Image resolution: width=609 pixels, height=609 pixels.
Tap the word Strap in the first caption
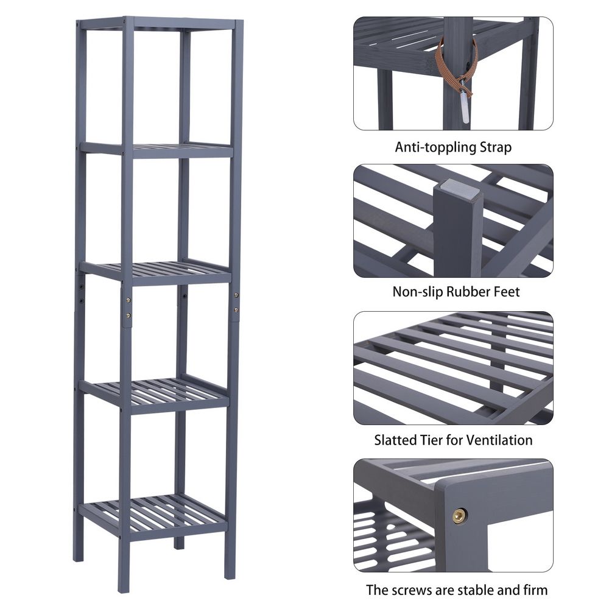496,147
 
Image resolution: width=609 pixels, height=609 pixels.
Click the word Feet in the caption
507,291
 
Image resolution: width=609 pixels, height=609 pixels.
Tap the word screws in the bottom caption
412,591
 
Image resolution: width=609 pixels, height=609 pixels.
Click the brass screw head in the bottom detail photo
459,515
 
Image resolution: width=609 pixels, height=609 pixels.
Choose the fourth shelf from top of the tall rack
154,393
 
